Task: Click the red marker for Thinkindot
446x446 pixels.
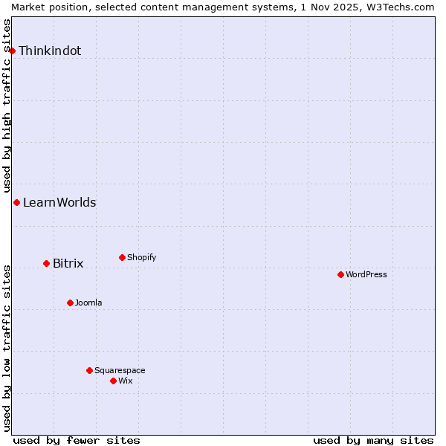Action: click(x=13, y=51)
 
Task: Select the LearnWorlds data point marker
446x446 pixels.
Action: click(x=16, y=202)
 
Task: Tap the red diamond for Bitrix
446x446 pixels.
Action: click(x=46, y=263)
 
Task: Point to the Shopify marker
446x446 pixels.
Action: click(x=122, y=257)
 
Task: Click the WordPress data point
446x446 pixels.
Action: click(x=340, y=274)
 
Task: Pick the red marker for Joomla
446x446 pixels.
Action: click(x=70, y=303)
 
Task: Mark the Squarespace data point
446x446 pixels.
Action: click(x=89, y=370)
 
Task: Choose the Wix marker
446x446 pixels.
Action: click(x=113, y=381)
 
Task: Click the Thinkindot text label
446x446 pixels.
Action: click(x=50, y=51)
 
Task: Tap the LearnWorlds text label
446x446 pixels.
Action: click(x=59, y=203)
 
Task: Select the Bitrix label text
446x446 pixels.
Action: click(x=68, y=264)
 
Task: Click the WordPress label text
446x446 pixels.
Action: click(x=366, y=275)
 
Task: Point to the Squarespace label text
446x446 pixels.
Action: click(x=120, y=371)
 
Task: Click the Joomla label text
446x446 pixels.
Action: click(x=88, y=303)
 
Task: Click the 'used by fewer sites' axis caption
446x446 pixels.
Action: click(x=77, y=441)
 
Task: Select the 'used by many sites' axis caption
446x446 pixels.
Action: click(x=373, y=441)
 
